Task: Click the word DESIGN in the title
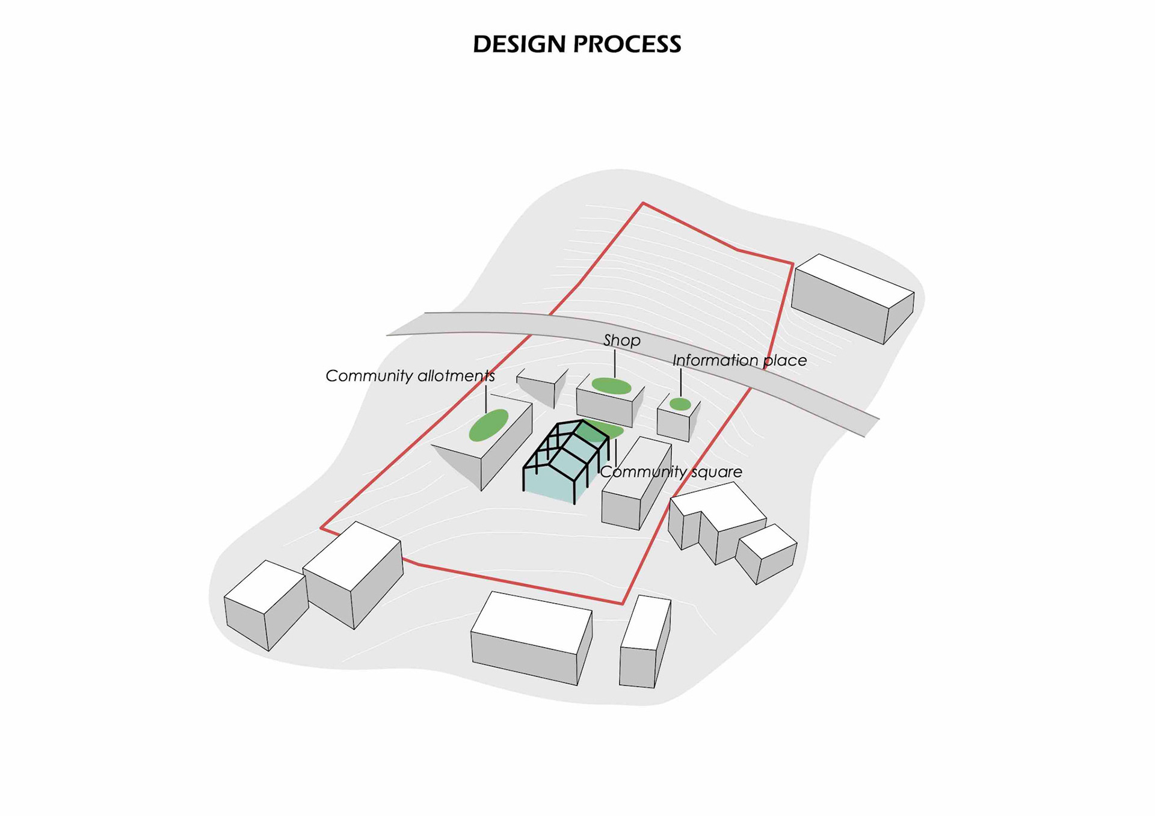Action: coord(519,44)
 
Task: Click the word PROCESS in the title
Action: coord(627,44)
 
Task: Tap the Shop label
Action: coord(621,340)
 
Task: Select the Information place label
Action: coord(739,360)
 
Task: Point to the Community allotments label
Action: coord(410,376)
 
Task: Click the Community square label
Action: coord(671,471)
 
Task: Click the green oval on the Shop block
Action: coord(611,386)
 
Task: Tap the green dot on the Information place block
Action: coord(680,404)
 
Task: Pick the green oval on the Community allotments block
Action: coord(488,425)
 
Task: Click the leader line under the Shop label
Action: coord(614,363)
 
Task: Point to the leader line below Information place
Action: coord(680,382)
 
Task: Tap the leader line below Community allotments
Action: coord(485,399)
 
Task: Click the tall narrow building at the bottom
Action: coord(644,643)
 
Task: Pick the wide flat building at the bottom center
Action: coord(529,637)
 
